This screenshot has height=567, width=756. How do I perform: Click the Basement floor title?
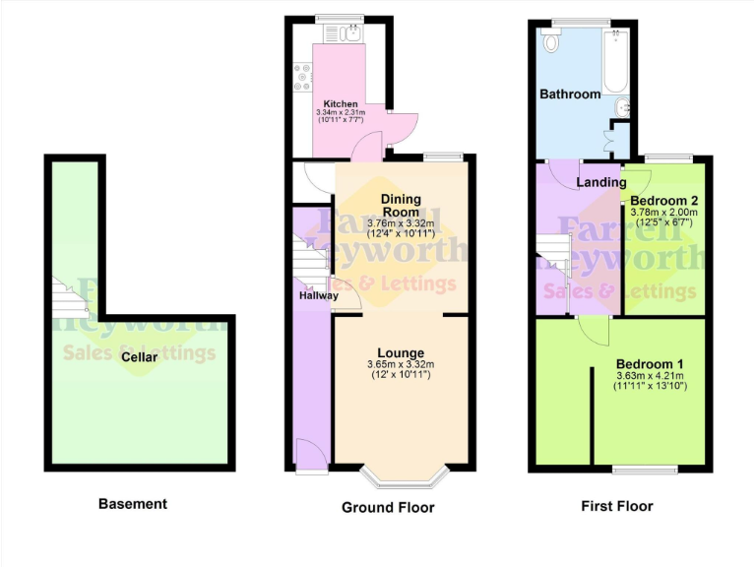(133, 504)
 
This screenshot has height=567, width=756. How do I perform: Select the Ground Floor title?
(388, 508)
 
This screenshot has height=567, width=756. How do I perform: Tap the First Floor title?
(617, 507)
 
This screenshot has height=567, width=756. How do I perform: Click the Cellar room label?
(139, 357)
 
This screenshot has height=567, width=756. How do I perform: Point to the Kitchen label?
(341, 104)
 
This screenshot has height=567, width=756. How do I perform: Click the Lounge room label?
(401, 353)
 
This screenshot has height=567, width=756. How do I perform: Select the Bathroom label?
(569, 94)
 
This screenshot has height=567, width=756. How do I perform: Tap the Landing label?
(600, 182)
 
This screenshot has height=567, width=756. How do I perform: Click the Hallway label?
(318, 295)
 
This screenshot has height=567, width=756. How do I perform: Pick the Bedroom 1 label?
(650, 364)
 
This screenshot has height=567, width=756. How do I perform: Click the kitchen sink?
(351, 34)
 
